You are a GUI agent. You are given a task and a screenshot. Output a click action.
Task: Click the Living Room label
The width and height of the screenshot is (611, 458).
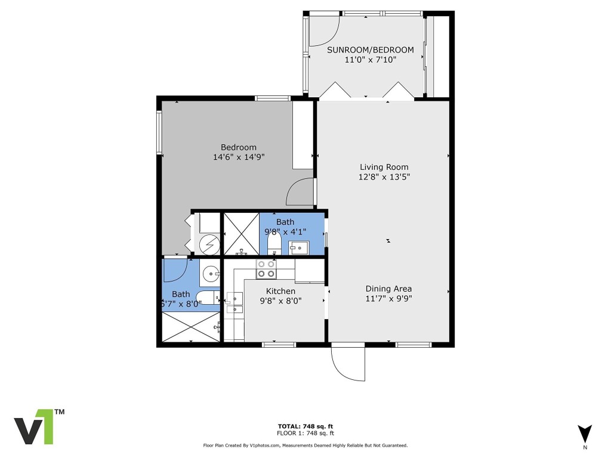(384, 167)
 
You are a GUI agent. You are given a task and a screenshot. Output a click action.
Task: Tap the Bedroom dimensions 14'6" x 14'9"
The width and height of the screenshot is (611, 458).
(238, 157)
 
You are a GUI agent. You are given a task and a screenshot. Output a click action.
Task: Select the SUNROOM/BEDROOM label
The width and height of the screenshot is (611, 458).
(370, 49)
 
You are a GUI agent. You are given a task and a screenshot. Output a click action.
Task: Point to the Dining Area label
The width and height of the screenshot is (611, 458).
(388, 289)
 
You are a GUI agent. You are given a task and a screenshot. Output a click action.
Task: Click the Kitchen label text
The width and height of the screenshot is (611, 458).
(280, 291)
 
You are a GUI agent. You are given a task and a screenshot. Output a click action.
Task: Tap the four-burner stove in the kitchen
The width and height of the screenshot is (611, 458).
(266, 269)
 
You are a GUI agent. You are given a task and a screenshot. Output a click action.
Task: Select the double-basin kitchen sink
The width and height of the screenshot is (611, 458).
(234, 302)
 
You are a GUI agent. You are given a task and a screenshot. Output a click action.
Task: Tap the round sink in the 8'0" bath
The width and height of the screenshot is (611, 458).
(211, 274)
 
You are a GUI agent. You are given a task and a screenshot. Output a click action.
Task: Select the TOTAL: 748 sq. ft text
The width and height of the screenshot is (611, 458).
(305, 426)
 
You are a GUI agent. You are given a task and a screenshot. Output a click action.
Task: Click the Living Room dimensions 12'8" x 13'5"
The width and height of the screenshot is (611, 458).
(384, 177)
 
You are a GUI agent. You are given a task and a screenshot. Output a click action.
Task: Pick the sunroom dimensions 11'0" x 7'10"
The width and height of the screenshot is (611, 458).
(370, 60)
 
